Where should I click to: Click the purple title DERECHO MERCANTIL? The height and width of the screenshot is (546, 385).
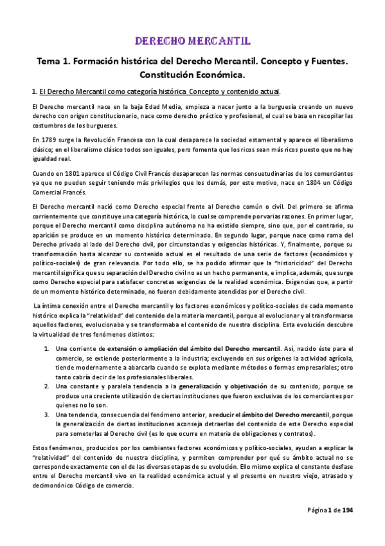click(192, 42)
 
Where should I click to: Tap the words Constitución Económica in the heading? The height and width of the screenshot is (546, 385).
click(192, 75)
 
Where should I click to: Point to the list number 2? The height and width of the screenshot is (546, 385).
click(48, 386)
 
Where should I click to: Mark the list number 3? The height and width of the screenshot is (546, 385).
click(48, 413)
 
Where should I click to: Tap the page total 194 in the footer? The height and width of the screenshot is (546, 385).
click(347, 511)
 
